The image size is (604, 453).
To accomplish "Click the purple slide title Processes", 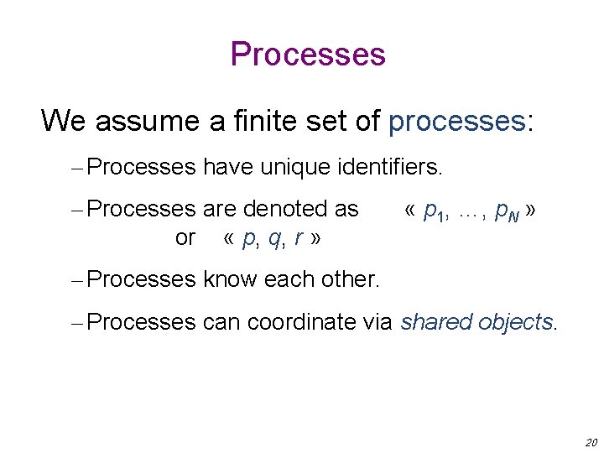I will click(x=308, y=55).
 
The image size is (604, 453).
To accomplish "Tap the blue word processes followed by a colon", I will click(x=456, y=121).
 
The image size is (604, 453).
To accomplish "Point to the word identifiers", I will click(x=388, y=167).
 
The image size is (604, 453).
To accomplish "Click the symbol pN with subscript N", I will click(x=507, y=211).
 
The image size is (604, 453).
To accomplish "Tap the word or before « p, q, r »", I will click(x=185, y=237).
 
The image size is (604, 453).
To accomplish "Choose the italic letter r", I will click(x=299, y=238).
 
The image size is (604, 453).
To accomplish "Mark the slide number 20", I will click(x=591, y=442).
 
